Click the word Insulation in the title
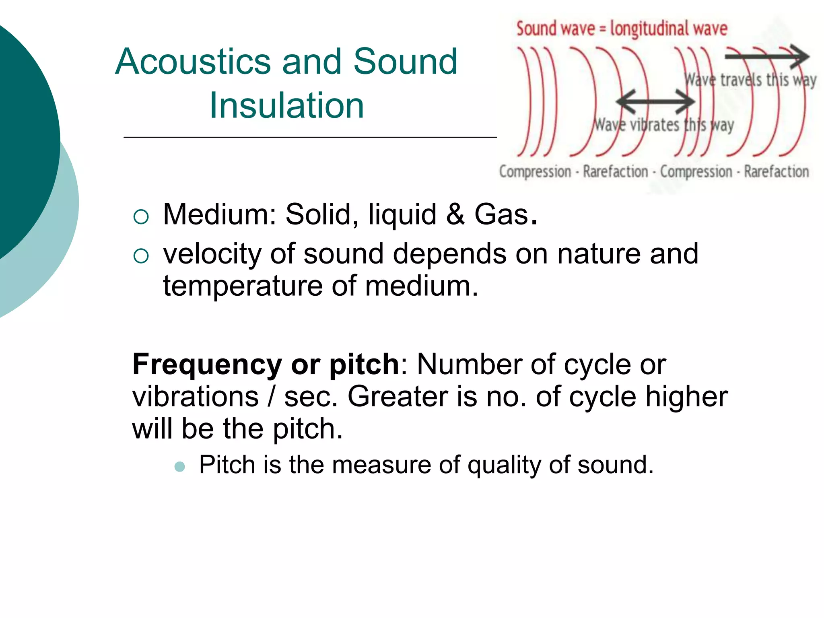[x=286, y=105]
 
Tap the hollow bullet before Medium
[x=141, y=217]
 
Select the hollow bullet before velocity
[x=141, y=256]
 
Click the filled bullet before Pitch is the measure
[x=180, y=467]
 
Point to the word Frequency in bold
[x=207, y=365]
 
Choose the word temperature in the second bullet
[x=243, y=286]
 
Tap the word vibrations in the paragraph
[x=196, y=397]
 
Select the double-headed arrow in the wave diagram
[x=655, y=101]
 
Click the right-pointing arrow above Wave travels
[x=767, y=56]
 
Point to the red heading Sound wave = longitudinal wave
[x=622, y=29]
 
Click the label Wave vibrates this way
[x=664, y=125]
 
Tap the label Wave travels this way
[x=750, y=80]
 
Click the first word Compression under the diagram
[x=535, y=172]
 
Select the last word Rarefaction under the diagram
[x=776, y=172]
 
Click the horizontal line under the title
[x=310, y=138]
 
